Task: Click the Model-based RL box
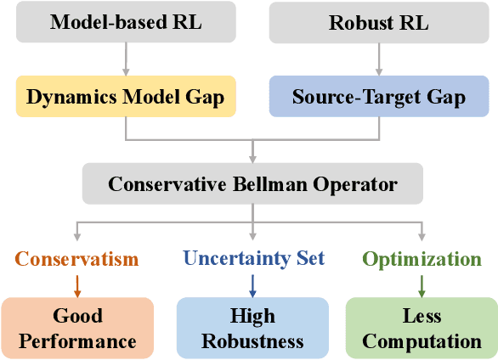click(x=125, y=23)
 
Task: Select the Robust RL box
click(x=379, y=23)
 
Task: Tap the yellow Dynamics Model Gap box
click(x=125, y=97)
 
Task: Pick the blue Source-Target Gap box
click(x=379, y=97)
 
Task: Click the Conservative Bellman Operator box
click(x=252, y=183)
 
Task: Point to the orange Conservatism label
click(x=77, y=258)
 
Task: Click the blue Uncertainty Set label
click(x=252, y=258)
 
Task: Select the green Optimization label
click(x=421, y=258)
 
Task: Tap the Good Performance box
click(x=77, y=329)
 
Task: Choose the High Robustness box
click(x=252, y=329)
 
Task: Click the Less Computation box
click(x=421, y=329)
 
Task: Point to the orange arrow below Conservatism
click(x=77, y=283)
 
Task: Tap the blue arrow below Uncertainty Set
click(x=252, y=283)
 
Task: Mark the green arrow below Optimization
click(x=421, y=283)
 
